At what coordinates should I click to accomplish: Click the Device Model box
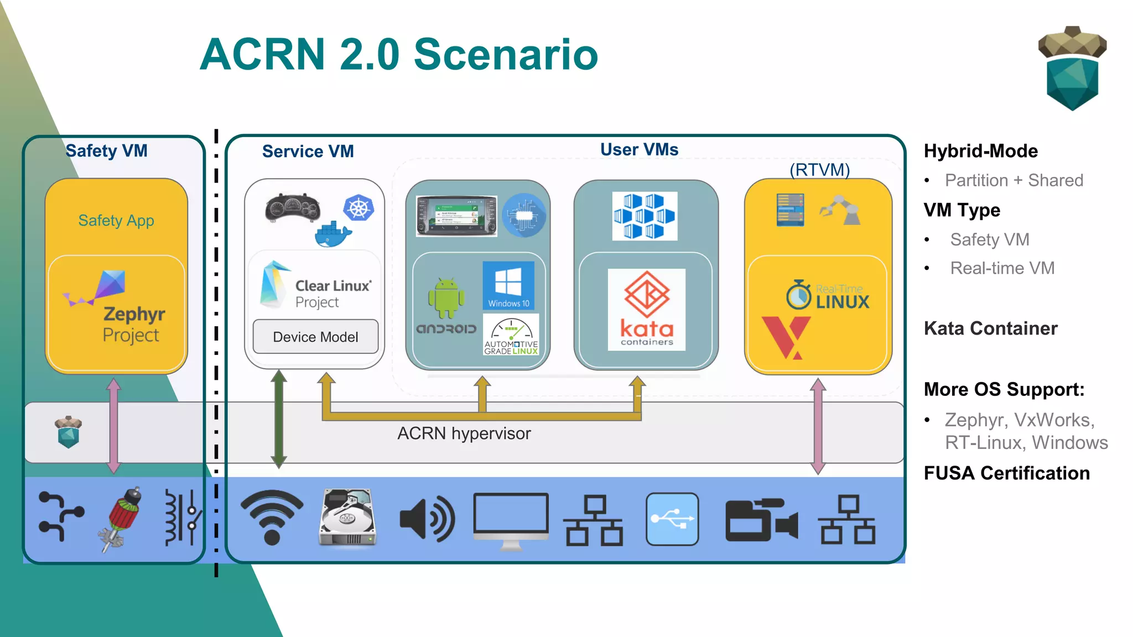pos(315,337)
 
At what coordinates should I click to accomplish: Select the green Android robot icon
pos(446,298)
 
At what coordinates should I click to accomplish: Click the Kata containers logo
pos(646,309)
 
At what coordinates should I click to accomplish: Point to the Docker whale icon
pos(332,234)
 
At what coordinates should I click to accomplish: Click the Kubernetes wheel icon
pos(358,208)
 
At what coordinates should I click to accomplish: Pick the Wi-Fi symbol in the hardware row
pos(272,516)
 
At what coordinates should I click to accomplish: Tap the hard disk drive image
pos(347,518)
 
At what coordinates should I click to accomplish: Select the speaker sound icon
pos(427,519)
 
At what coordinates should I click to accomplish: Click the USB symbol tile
pos(672,519)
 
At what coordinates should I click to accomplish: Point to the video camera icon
pos(761,520)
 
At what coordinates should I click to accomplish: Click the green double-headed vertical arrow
pos(279,419)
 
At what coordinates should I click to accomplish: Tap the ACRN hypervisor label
pos(464,434)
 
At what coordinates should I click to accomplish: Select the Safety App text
pos(116,221)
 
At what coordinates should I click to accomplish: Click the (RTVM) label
pos(819,170)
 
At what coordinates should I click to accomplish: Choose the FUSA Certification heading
pos(1006,473)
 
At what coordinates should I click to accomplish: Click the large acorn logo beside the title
pos(1072,69)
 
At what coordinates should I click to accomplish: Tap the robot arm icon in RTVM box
pos(840,210)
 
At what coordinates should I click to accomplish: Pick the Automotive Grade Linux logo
pos(511,335)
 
